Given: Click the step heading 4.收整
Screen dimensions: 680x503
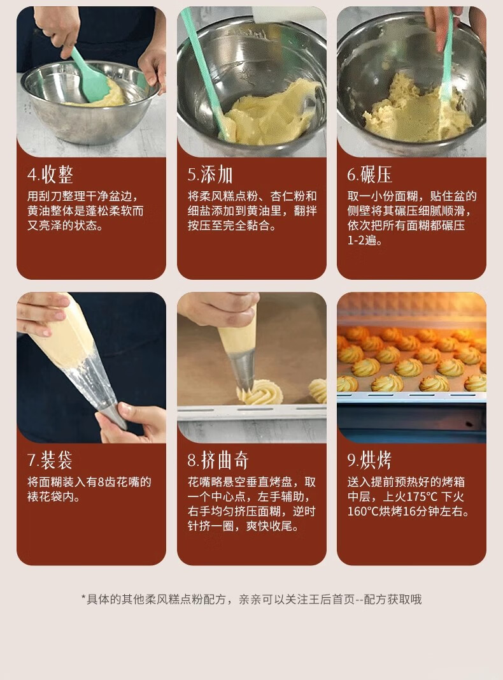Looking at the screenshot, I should coord(55,175).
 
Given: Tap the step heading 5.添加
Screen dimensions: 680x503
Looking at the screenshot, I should coord(210,175).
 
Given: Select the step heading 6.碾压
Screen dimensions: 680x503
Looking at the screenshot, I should coord(370,175).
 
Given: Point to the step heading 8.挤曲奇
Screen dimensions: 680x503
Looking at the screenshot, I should coord(218,460).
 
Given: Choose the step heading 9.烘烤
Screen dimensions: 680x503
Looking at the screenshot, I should coord(370,460).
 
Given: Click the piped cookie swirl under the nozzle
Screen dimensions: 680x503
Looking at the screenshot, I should coord(260,394).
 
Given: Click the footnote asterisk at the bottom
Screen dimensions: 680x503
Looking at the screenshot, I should coord(83,600).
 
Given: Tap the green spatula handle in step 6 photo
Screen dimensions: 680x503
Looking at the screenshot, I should coord(448,51).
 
